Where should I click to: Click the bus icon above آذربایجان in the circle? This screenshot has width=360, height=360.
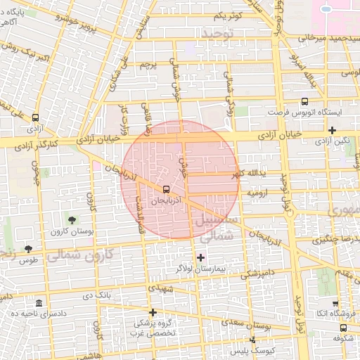tap(166, 189)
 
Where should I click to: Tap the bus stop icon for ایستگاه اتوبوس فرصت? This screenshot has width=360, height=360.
tap(304, 101)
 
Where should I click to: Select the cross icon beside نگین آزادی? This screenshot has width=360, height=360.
tap(332, 130)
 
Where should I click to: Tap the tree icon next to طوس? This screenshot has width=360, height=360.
tap(28, 248)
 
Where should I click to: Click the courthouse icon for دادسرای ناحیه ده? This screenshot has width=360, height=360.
tap(39, 303)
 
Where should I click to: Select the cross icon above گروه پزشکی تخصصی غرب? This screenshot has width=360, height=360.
tap(153, 311)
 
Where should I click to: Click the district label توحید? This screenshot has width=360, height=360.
tap(216, 34)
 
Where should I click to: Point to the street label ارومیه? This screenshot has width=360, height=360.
tap(255, 192)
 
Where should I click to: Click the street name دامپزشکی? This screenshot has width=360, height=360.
tap(254, 272)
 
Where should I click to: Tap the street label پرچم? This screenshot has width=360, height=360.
tap(146, 65)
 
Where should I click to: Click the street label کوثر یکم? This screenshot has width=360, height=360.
tap(229, 15)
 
